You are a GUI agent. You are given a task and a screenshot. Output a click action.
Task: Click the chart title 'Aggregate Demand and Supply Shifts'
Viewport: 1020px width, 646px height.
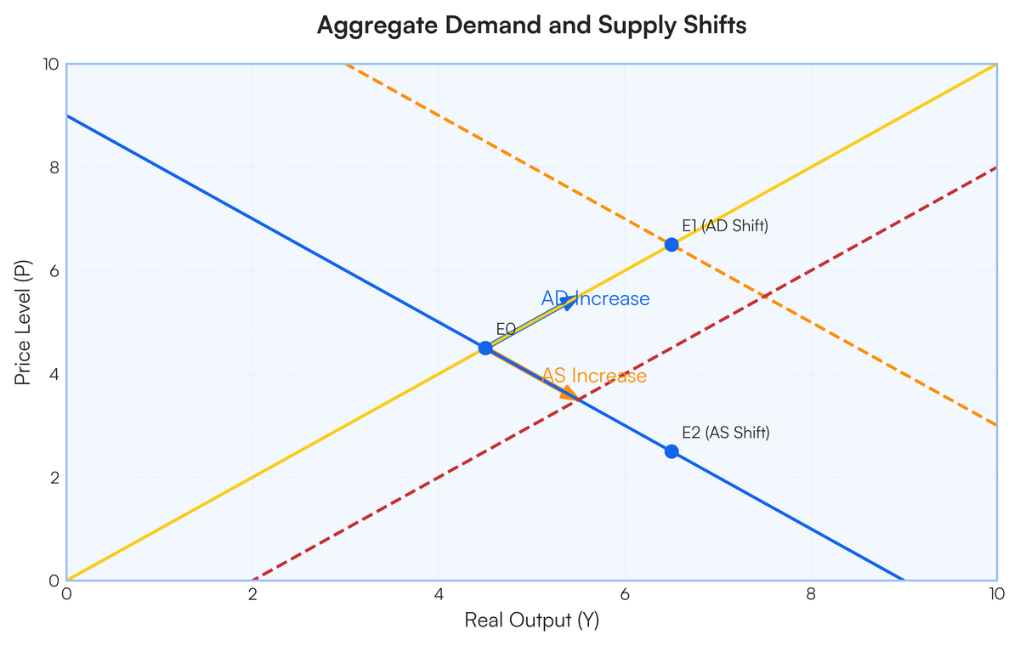531,25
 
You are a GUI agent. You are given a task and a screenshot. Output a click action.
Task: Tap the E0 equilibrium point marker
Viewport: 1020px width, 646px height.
485,348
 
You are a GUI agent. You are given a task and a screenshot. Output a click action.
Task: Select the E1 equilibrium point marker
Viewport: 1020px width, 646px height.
671,245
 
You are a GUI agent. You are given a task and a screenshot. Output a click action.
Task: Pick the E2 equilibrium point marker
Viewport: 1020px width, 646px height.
671,451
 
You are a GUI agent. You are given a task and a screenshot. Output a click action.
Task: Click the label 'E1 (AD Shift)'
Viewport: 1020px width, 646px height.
725,225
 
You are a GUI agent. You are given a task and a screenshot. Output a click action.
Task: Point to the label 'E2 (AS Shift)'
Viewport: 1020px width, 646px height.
725,433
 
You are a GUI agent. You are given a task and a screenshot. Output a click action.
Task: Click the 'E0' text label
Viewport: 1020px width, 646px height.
506,329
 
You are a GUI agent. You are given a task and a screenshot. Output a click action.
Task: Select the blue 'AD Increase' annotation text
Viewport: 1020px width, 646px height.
595,299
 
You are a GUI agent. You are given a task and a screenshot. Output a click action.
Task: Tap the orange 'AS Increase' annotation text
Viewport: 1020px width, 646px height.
594,376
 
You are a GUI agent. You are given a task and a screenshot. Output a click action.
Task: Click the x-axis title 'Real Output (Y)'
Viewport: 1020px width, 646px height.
531,620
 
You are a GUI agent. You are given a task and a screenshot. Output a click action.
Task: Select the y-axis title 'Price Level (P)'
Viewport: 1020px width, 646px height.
23,322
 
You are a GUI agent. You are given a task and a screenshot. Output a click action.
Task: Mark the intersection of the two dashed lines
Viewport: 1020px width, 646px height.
764,297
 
